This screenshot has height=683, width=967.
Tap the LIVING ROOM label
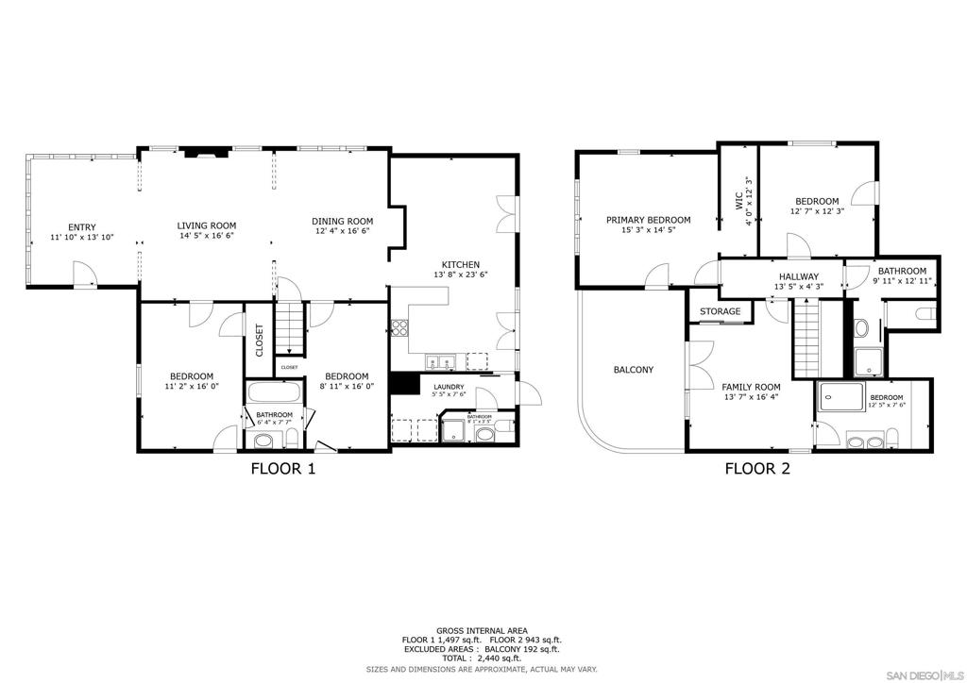[x=207, y=225]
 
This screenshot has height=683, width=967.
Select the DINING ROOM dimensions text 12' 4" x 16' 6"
[x=342, y=231]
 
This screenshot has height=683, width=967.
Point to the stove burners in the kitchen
[x=399, y=328]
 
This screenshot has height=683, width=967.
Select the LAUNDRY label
[x=449, y=387]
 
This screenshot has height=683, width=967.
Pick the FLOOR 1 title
[x=282, y=468]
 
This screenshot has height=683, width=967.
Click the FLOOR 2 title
[x=757, y=468]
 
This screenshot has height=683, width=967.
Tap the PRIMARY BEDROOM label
[x=648, y=220]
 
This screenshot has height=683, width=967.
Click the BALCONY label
[x=634, y=370]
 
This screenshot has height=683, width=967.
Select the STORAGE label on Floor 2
[x=720, y=311]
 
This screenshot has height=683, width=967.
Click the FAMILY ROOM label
[x=752, y=387]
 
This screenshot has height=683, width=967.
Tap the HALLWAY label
[x=798, y=276]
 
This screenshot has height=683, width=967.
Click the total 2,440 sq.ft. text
[x=482, y=658]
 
